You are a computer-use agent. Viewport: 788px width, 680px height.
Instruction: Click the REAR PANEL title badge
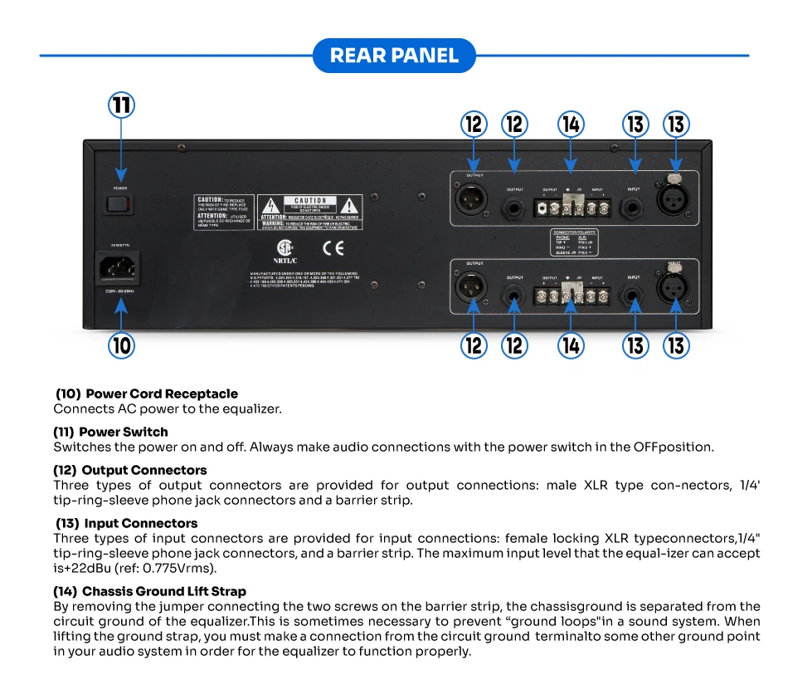click(x=394, y=56)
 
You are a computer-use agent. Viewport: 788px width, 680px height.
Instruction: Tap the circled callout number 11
click(x=122, y=106)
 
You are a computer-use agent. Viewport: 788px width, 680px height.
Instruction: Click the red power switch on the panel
click(x=121, y=203)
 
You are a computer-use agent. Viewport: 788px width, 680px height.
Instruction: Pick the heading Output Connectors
click(x=144, y=470)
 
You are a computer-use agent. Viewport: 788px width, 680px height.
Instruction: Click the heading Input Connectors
click(x=140, y=523)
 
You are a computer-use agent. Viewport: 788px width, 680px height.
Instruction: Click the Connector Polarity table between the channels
click(x=574, y=242)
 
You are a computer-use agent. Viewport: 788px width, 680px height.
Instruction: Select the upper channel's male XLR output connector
click(x=474, y=199)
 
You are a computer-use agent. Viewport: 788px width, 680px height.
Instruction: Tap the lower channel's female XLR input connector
click(x=674, y=289)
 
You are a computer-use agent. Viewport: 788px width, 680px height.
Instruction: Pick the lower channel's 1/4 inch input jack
click(x=635, y=292)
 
